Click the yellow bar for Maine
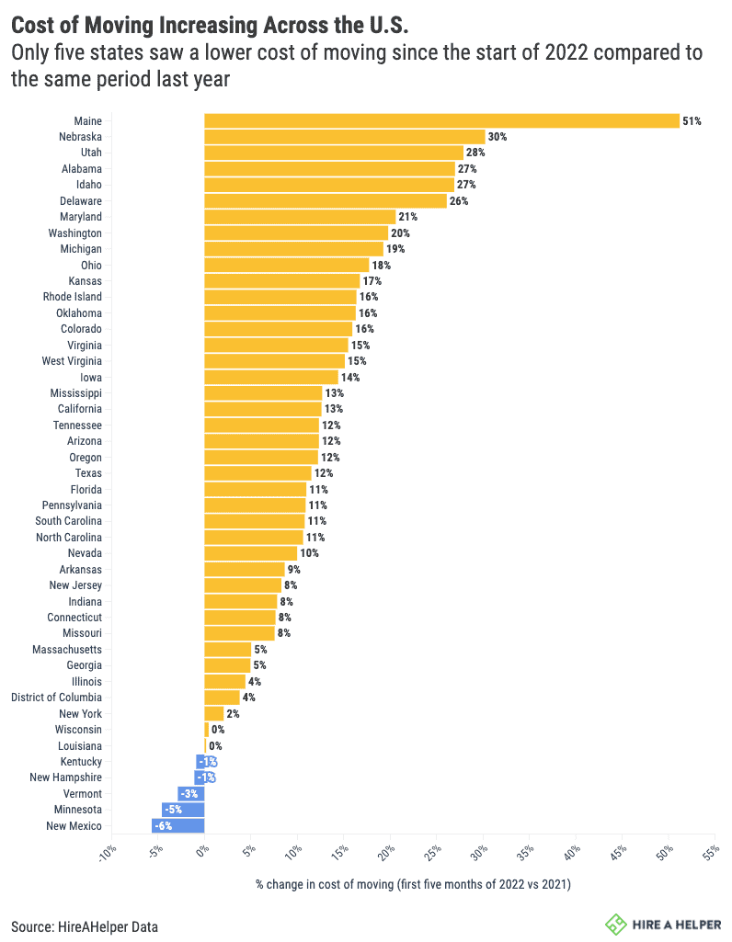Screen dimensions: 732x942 pos(441,120)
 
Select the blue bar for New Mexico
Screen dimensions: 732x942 pos(177,825)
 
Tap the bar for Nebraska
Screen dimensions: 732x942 pos(344,136)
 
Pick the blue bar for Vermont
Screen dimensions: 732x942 pos(190,794)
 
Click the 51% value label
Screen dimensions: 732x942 pos(692,121)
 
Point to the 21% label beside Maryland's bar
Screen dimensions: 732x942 pos(408,217)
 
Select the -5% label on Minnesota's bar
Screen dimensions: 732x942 pos(173,810)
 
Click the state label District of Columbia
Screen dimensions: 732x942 pos(56,697)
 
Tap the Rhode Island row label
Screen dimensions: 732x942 pos(72,296)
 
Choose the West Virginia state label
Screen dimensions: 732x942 pos(72,360)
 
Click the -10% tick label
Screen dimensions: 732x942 pos(107,853)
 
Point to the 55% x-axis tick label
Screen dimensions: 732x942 pos(710,853)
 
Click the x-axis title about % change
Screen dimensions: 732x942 pos(414,884)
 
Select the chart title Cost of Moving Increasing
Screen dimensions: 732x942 pos(210,25)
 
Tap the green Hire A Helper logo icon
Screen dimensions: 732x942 pos(615,925)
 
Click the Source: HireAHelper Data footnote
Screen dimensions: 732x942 pos(85,927)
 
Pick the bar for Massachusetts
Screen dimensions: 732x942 pos(228,649)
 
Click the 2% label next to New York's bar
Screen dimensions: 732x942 pos(234,714)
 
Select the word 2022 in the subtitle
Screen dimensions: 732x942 pos(566,53)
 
